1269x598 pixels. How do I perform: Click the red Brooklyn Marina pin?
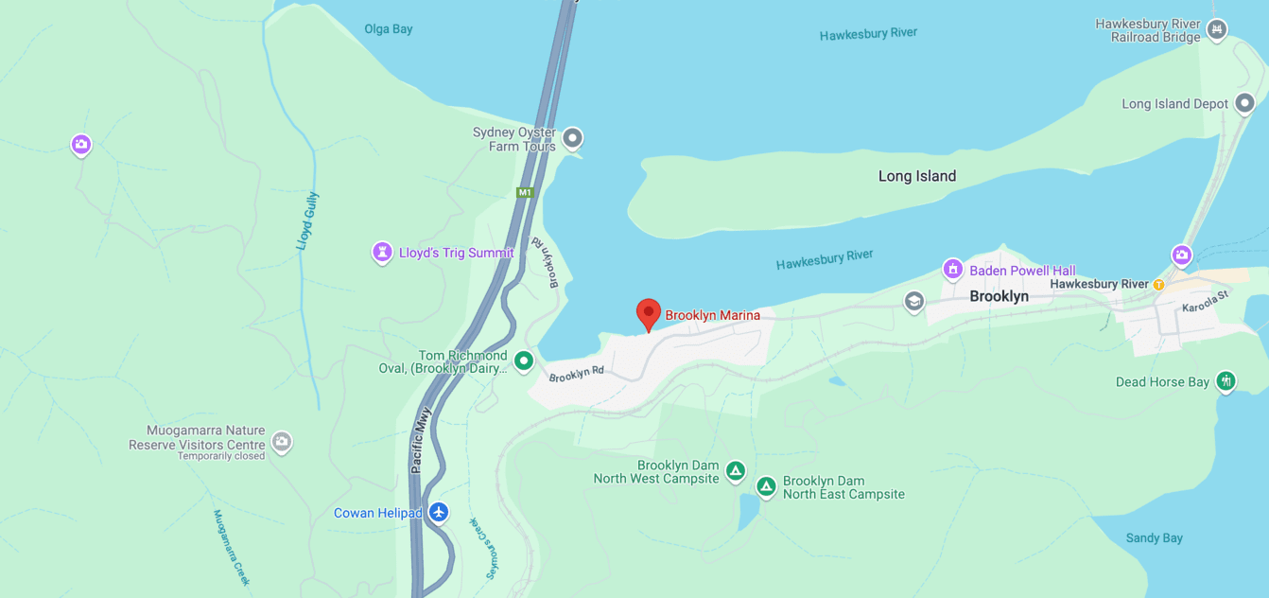(x=648, y=314)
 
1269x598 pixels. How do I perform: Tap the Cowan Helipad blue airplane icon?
(x=438, y=512)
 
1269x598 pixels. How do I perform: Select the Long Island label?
(x=916, y=176)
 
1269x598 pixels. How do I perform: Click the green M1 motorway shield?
(x=525, y=193)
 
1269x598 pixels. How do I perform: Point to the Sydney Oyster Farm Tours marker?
(x=572, y=139)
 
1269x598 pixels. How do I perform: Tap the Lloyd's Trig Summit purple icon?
(x=382, y=253)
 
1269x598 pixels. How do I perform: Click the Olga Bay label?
(x=389, y=29)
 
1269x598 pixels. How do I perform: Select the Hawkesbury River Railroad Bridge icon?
(x=1217, y=29)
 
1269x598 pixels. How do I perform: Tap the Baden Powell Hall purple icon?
(x=953, y=270)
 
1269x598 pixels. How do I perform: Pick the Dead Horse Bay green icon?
(x=1226, y=381)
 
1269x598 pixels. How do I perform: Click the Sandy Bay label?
(x=1154, y=537)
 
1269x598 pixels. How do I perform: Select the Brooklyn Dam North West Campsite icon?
(x=736, y=470)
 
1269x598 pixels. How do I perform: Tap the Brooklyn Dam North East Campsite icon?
(x=766, y=486)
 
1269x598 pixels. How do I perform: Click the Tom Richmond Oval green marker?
(x=524, y=361)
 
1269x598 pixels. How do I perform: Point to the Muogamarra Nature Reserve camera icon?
(x=281, y=442)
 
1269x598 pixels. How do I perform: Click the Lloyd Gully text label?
(x=307, y=220)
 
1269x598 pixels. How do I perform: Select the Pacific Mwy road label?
(x=421, y=440)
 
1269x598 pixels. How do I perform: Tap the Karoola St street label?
(x=1205, y=302)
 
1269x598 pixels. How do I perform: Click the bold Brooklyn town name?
(x=999, y=296)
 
